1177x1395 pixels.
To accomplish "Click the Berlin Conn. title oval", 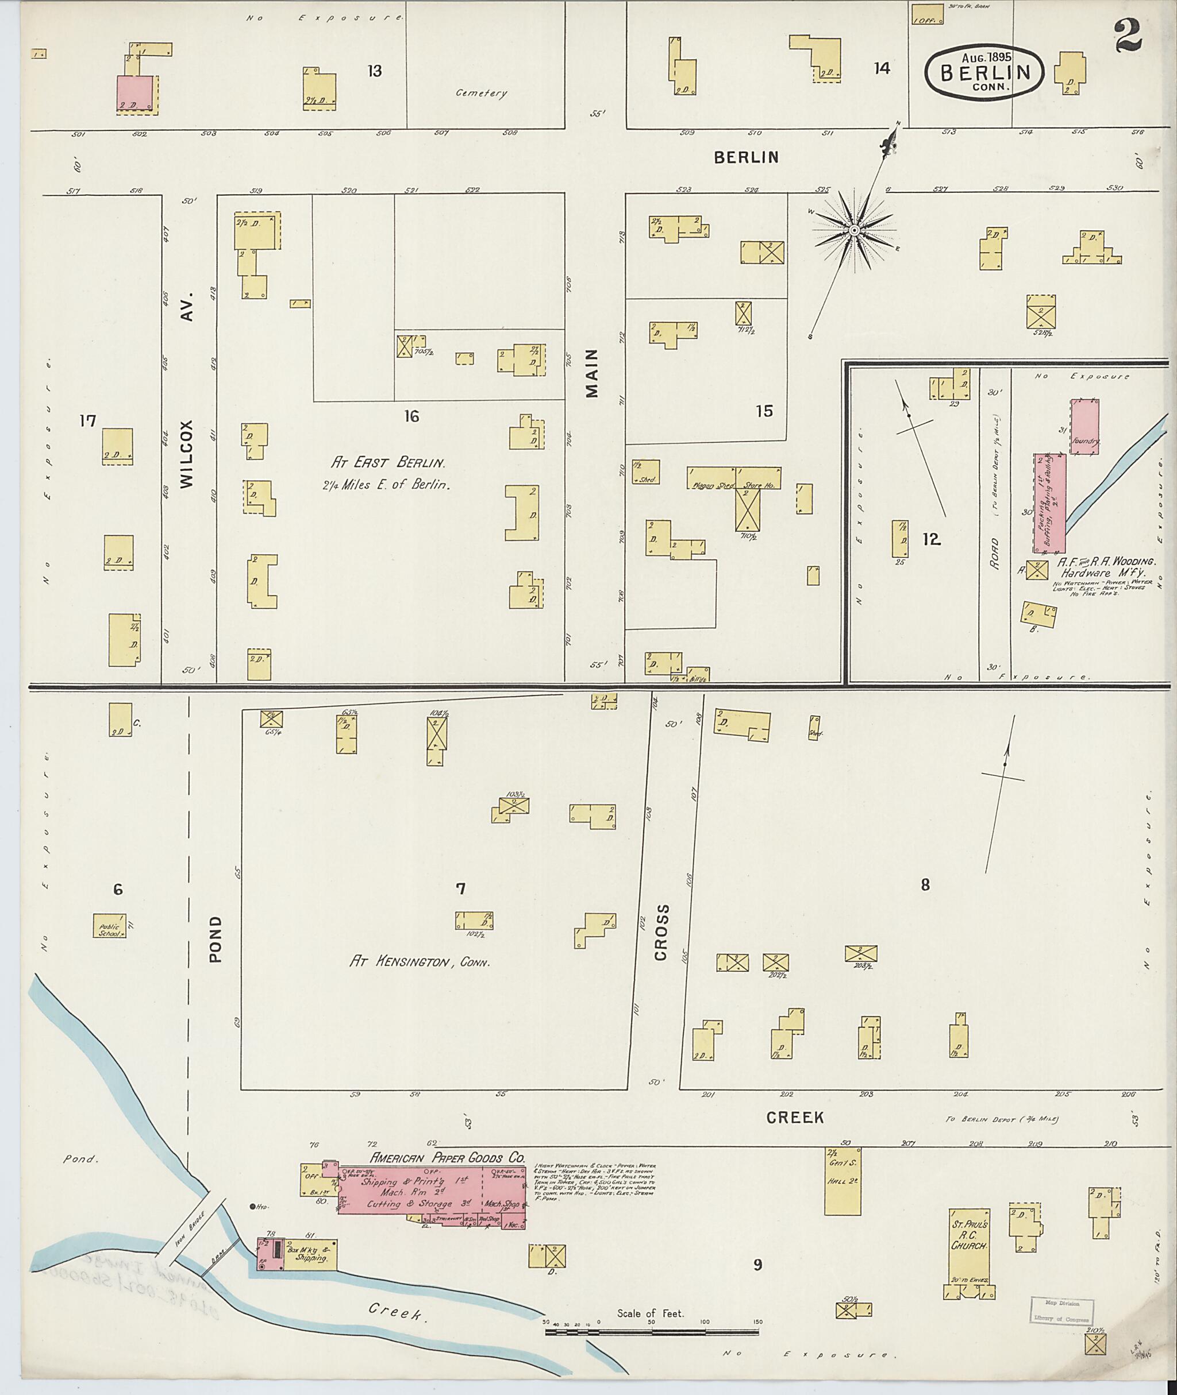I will click(x=984, y=73).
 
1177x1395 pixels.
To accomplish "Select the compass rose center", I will click(x=853, y=230).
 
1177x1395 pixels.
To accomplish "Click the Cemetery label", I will click(x=481, y=94).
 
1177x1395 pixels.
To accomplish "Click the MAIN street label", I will click(x=592, y=373).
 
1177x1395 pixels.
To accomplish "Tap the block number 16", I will click(x=411, y=417).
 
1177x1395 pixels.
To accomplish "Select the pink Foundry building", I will click(x=1085, y=427).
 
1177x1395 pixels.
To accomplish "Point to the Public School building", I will click(x=109, y=926).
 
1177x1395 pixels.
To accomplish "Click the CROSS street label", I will click(x=660, y=932).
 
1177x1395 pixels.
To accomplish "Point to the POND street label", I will click(x=215, y=939).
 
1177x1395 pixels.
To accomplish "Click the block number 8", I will click(x=925, y=885).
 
